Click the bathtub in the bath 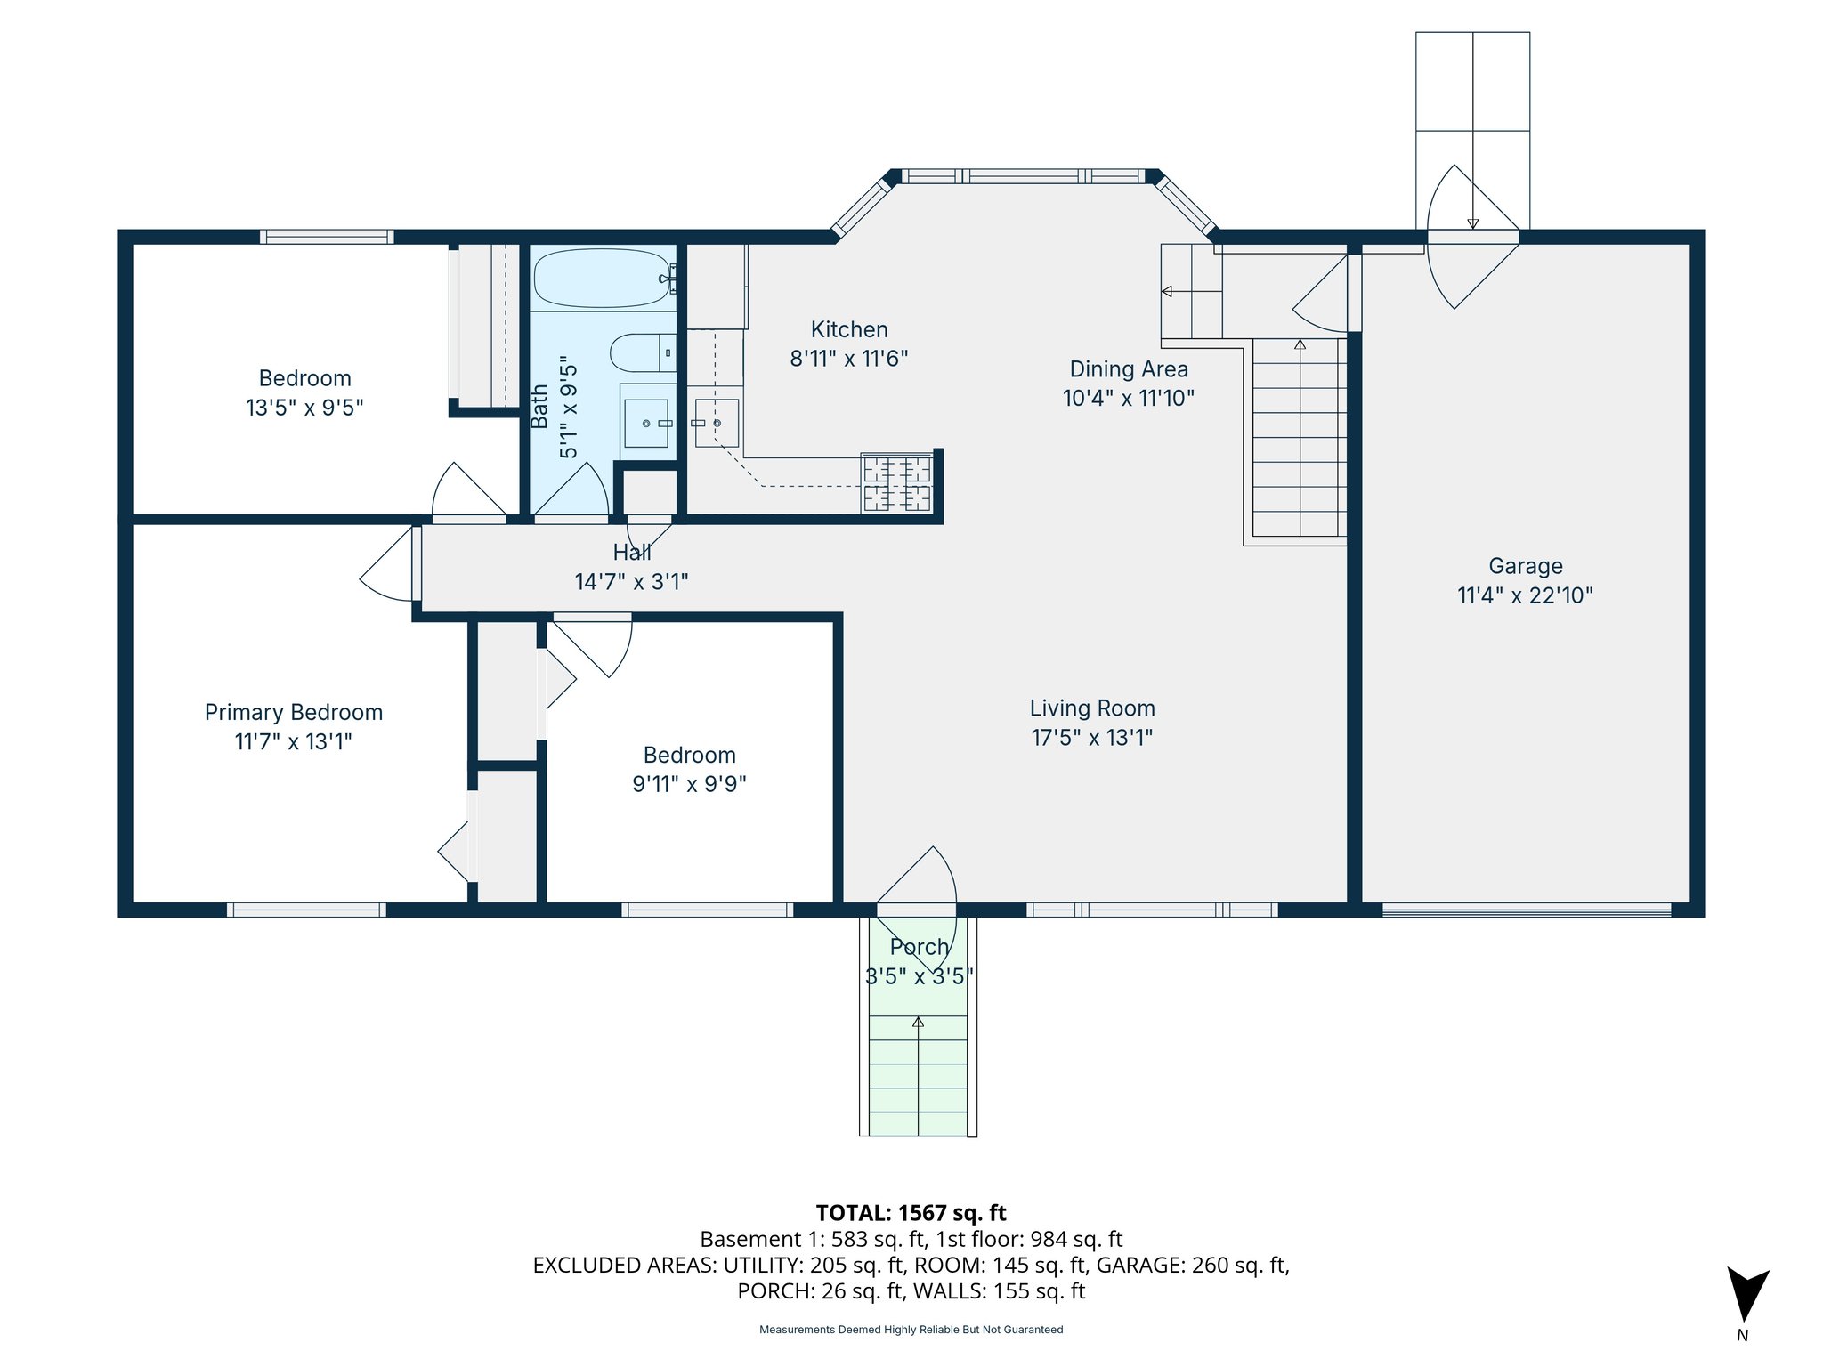click(x=601, y=278)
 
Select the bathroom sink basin click(x=646, y=424)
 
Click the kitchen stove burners click(x=897, y=483)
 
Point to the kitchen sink click(x=717, y=423)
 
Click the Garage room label click(x=1525, y=566)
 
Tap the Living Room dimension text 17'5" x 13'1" click(x=1091, y=738)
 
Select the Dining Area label click(x=1128, y=369)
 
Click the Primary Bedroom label click(x=293, y=712)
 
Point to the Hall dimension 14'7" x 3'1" click(x=631, y=582)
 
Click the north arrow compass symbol click(x=1746, y=1296)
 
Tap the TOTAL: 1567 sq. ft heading click(x=911, y=1213)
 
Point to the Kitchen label click(x=849, y=329)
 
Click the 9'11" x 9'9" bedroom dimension click(x=689, y=784)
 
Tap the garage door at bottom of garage click(x=1526, y=910)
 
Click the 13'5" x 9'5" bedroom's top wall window click(x=327, y=237)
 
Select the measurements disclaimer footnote click(x=911, y=1330)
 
